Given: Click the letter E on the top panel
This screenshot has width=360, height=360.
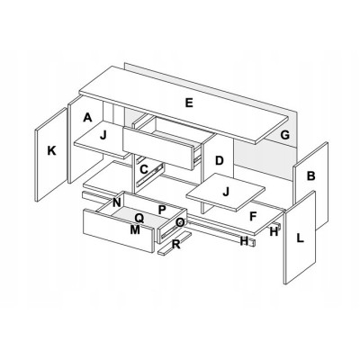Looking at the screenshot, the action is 189,103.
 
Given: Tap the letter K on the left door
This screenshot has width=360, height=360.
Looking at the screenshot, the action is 51,150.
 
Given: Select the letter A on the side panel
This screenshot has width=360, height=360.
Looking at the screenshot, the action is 87,117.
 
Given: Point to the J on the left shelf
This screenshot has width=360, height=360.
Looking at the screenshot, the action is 103,135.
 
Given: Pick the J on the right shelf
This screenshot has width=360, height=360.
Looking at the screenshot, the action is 226,191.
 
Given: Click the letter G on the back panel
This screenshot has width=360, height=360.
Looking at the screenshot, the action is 284,135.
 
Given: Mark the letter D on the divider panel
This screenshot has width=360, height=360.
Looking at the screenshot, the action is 220,160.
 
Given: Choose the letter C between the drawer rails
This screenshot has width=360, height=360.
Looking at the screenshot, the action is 144,169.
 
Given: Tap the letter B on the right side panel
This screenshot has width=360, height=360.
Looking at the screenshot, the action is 311,175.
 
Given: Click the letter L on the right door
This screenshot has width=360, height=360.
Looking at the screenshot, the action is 300,238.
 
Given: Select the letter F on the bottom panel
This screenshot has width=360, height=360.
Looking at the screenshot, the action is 253,216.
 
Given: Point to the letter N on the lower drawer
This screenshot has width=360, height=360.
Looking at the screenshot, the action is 117,202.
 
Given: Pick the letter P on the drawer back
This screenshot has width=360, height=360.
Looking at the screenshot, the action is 162,210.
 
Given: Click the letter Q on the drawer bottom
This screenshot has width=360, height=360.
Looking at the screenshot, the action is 139,218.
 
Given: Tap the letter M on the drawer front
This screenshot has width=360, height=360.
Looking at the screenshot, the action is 135,229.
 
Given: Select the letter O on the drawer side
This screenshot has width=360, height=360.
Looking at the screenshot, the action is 180,222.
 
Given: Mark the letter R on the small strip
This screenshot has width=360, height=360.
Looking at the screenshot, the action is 176,245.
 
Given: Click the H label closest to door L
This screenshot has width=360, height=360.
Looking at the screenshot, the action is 274,231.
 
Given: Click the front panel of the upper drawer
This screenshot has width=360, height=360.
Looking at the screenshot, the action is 157,148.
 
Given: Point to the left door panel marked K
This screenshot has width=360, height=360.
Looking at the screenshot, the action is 51,154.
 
